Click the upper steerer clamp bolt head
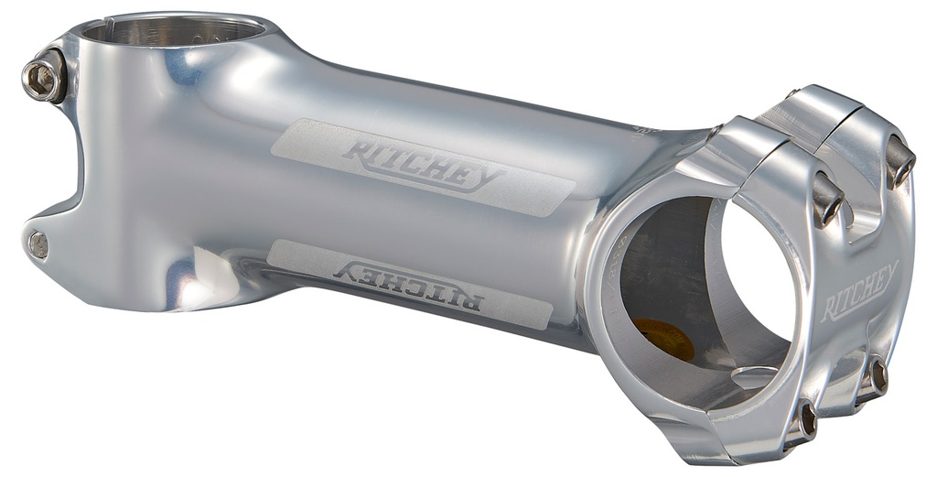click(42, 80)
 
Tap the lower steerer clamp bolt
click(38, 244)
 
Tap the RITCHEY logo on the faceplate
click(859, 291)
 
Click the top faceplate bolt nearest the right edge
click(900, 164)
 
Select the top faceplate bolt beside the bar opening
click(827, 197)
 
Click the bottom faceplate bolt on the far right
click(876, 374)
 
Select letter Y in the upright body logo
click(484, 178)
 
